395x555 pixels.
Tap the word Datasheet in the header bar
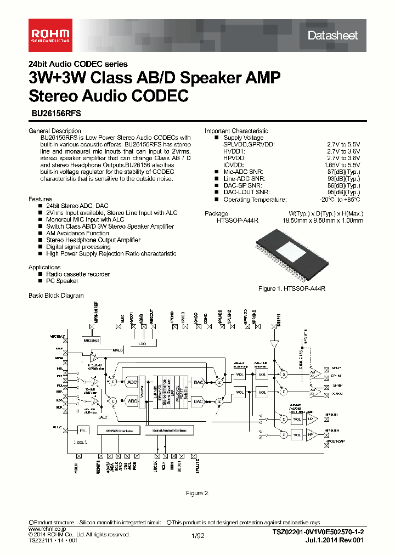click(x=332, y=36)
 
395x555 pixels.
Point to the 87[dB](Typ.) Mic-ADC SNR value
click(x=343, y=172)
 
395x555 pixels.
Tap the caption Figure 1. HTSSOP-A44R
click(x=292, y=288)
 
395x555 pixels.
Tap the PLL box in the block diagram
click(x=83, y=430)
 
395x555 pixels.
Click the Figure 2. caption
click(x=198, y=493)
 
